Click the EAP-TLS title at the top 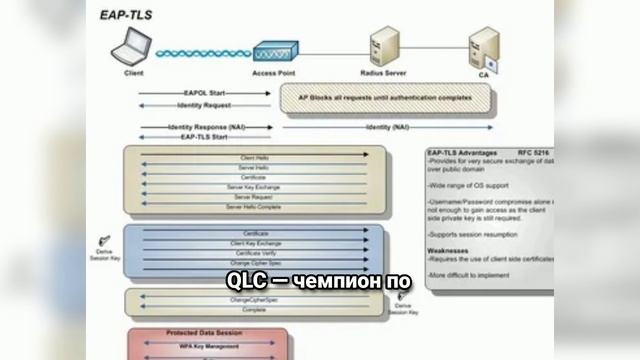click(127, 14)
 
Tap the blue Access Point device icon click(271, 52)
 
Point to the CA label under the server click(484, 75)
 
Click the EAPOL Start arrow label click(203, 93)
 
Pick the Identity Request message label click(203, 105)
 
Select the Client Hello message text click(254, 158)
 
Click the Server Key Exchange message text click(254, 187)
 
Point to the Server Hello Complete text click(254, 207)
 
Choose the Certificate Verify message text click(254, 253)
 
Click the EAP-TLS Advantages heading click(461, 152)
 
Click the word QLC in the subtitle click(243, 280)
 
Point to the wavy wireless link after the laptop click(201, 53)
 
